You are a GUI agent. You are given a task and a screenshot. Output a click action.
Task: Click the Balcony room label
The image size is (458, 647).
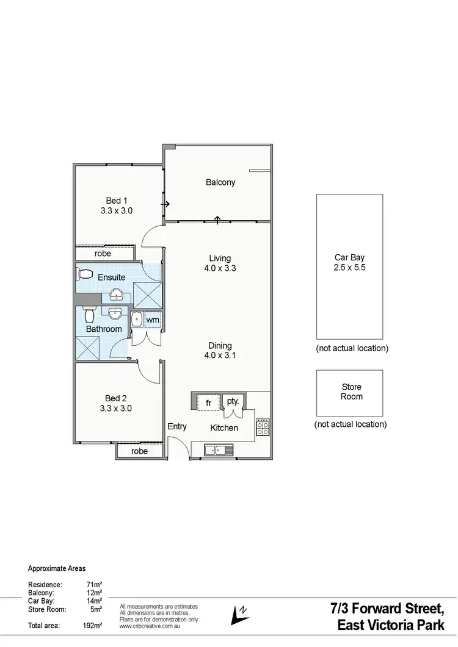pos(220,182)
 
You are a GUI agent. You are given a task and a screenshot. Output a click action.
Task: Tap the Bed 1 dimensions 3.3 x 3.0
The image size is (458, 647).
pos(117,210)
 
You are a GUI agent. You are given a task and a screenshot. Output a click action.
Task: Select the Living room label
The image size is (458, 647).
pos(220,259)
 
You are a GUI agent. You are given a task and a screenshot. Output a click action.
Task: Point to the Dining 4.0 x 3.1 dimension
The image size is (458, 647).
pos(220,356)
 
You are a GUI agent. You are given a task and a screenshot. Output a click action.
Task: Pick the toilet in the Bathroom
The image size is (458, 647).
pos(89,315)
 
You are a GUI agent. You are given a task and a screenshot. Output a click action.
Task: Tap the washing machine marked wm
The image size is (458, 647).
pos(152,320)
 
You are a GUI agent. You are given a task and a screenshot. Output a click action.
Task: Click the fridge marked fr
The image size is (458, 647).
pos(208,403)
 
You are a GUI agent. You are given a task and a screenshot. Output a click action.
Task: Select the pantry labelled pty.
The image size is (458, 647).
pos(233,401)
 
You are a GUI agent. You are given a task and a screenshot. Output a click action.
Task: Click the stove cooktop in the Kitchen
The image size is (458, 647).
pos(263,426)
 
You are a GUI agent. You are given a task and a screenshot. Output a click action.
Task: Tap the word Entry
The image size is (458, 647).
pos(177,426)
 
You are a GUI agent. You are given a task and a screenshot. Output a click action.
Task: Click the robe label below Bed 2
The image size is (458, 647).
pos(140,451)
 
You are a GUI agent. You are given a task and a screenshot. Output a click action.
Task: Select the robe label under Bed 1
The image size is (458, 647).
pos(103,253)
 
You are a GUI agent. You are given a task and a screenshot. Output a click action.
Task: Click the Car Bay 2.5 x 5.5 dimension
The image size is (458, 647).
pos(349,267)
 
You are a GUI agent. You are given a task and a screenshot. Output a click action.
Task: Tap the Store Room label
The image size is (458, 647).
pos(352,391)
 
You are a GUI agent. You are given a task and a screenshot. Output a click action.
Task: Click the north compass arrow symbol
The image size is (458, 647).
pos(239,614)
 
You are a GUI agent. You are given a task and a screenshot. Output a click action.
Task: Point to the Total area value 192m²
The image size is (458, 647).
pos(93,625)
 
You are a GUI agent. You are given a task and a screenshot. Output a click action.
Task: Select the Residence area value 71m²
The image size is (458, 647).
pos(94,584)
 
